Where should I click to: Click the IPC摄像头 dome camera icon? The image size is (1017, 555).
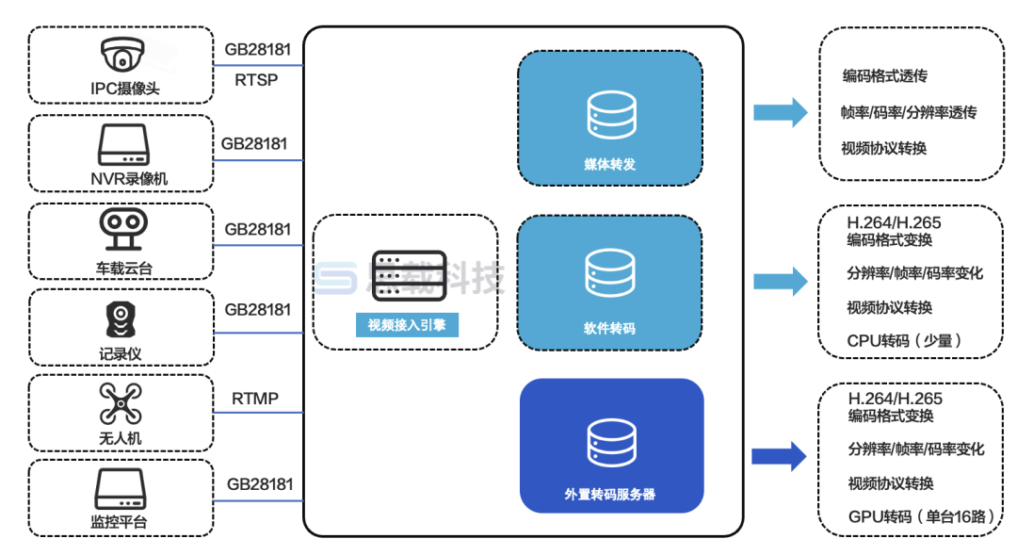coord(121,56)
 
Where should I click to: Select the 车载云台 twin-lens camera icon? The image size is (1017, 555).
coord(121,231)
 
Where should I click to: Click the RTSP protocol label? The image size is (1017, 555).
coord(256,79)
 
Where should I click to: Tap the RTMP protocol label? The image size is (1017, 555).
coord(255,399)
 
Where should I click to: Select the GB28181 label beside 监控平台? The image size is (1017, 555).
coord(260,484)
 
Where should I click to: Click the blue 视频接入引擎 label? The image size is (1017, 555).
coord(407,326)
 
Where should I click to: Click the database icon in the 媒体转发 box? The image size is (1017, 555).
coord(609,114)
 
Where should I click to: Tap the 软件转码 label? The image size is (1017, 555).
coord(609,329)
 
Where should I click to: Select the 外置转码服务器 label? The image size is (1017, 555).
coord(610,494)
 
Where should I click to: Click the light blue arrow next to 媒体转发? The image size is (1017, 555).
coord(780,112)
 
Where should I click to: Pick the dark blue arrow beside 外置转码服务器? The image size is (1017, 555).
coord(779,457)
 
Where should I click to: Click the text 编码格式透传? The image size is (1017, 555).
coord(885,76)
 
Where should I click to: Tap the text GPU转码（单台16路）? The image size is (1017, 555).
coord(909,515)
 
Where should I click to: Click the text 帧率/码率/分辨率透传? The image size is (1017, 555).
coord(909,112)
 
